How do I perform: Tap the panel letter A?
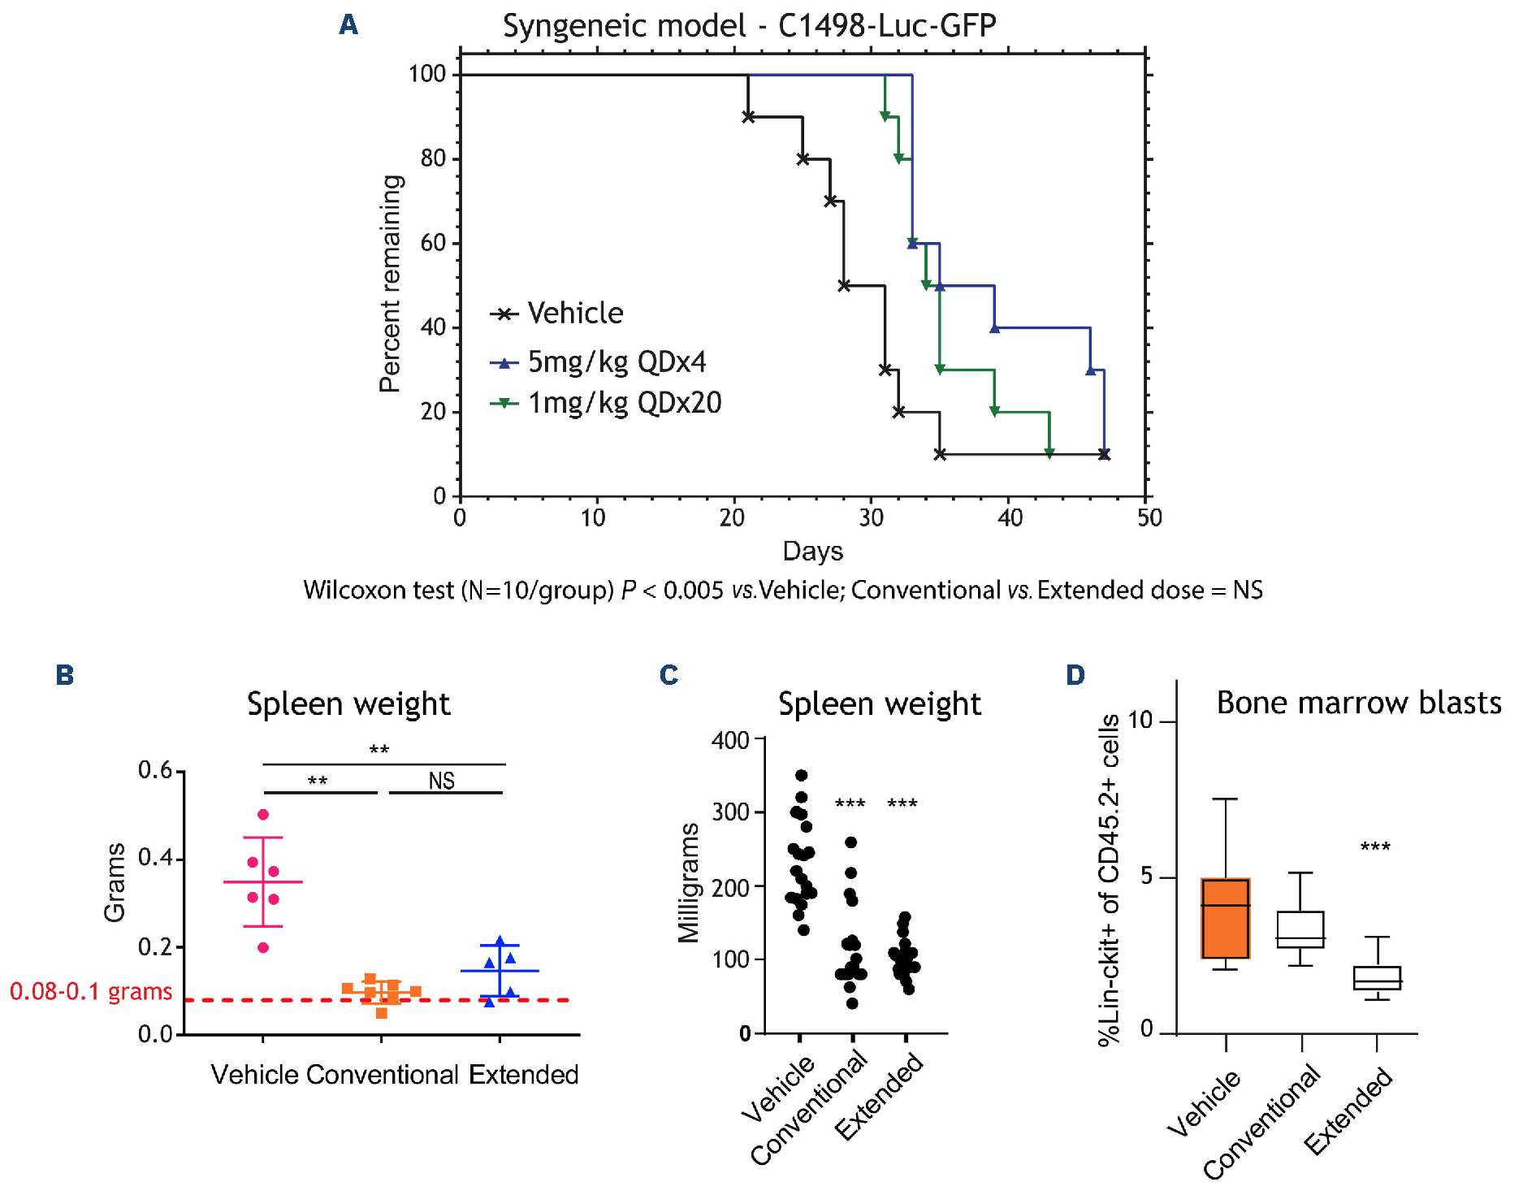point(348,25)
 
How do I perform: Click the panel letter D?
point(1075,675)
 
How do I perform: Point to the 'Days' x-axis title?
point(812,552)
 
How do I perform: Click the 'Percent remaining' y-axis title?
point(391,284)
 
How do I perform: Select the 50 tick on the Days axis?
point(1149,518)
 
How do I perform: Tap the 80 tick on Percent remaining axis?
point(434,158)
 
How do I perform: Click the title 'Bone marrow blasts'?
point(1358,704)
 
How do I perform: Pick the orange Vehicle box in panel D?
point(1225,918)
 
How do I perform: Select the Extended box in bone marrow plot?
point(1377,978)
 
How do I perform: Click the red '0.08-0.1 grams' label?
point(91,992)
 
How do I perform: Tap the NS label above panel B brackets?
point(441,782)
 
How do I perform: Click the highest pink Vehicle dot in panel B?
point(263,815)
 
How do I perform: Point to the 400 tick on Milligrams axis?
point(729,740)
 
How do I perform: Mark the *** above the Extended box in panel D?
point(1375,847)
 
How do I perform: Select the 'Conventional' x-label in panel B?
point(383,1075)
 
